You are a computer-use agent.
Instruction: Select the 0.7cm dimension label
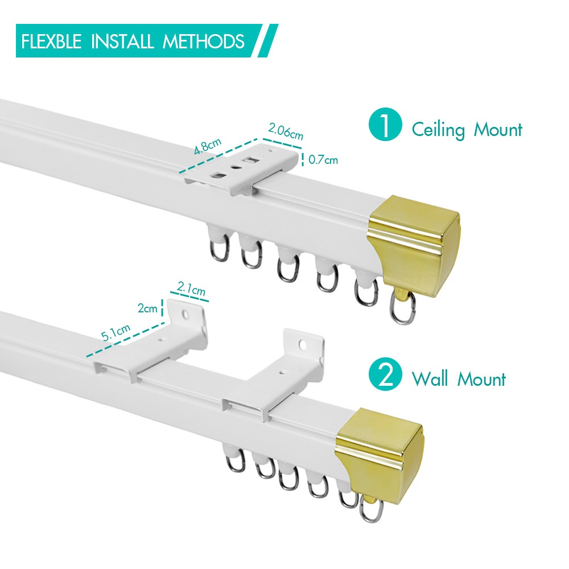[323, 160]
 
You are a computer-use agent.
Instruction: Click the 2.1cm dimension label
[191, 291]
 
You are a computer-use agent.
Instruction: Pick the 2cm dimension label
[147, 309]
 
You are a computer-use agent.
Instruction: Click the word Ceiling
[438, 130]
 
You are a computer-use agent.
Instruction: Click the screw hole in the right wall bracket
[303, 344]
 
